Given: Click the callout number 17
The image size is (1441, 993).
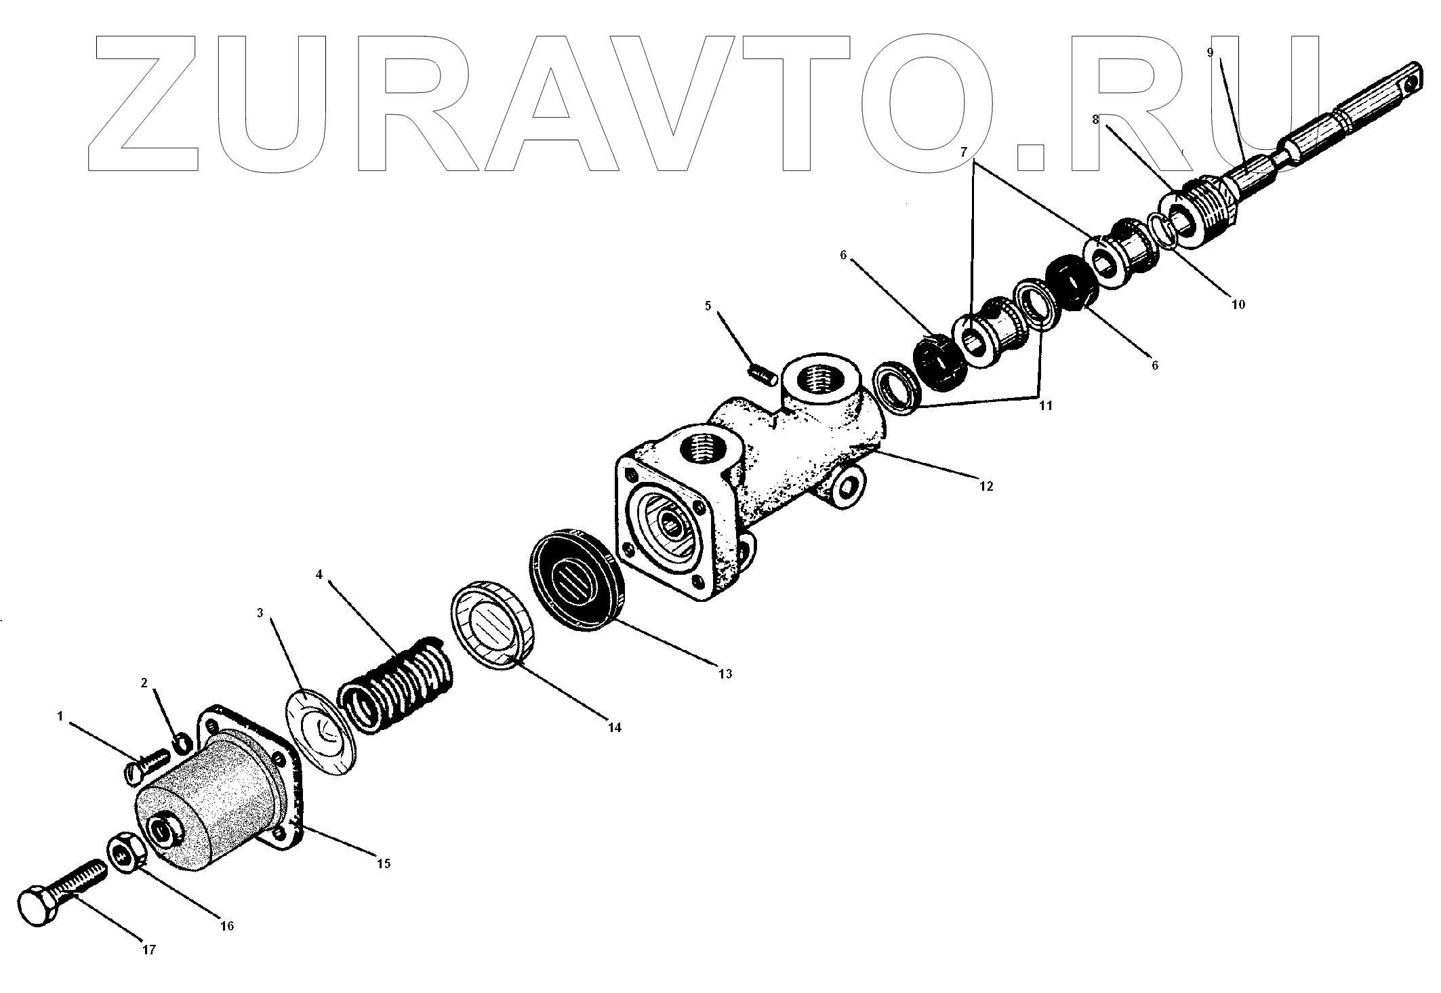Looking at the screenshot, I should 149,950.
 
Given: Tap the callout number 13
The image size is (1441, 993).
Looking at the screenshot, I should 725,674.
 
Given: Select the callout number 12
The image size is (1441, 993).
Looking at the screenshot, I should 986,486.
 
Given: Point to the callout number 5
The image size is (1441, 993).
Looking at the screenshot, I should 708,306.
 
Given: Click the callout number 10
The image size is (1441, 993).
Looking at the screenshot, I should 1238,304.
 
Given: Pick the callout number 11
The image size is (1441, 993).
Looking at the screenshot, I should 1045,405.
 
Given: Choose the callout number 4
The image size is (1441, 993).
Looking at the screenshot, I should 319,575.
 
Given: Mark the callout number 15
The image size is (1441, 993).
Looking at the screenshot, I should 384,864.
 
